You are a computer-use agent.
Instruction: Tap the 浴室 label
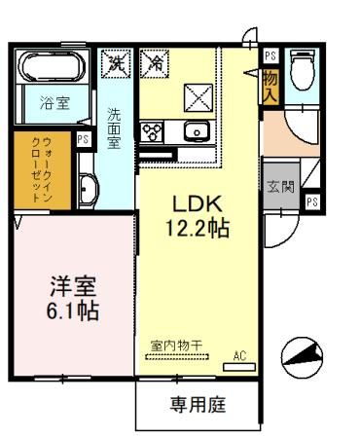tap(54, 102)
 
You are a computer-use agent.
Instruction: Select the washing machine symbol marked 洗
tap(118, 64)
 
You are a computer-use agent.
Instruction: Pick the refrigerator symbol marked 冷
tap(154, 64)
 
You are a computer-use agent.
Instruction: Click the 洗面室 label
tap(113, 128)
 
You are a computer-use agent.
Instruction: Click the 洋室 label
tap(74, 288)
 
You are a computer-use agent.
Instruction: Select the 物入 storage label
tap(270, 86)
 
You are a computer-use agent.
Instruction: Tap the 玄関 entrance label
tap(277, 186)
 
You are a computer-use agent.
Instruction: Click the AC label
tap(241, 355)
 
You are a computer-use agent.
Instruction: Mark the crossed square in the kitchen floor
tap(198, 97)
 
